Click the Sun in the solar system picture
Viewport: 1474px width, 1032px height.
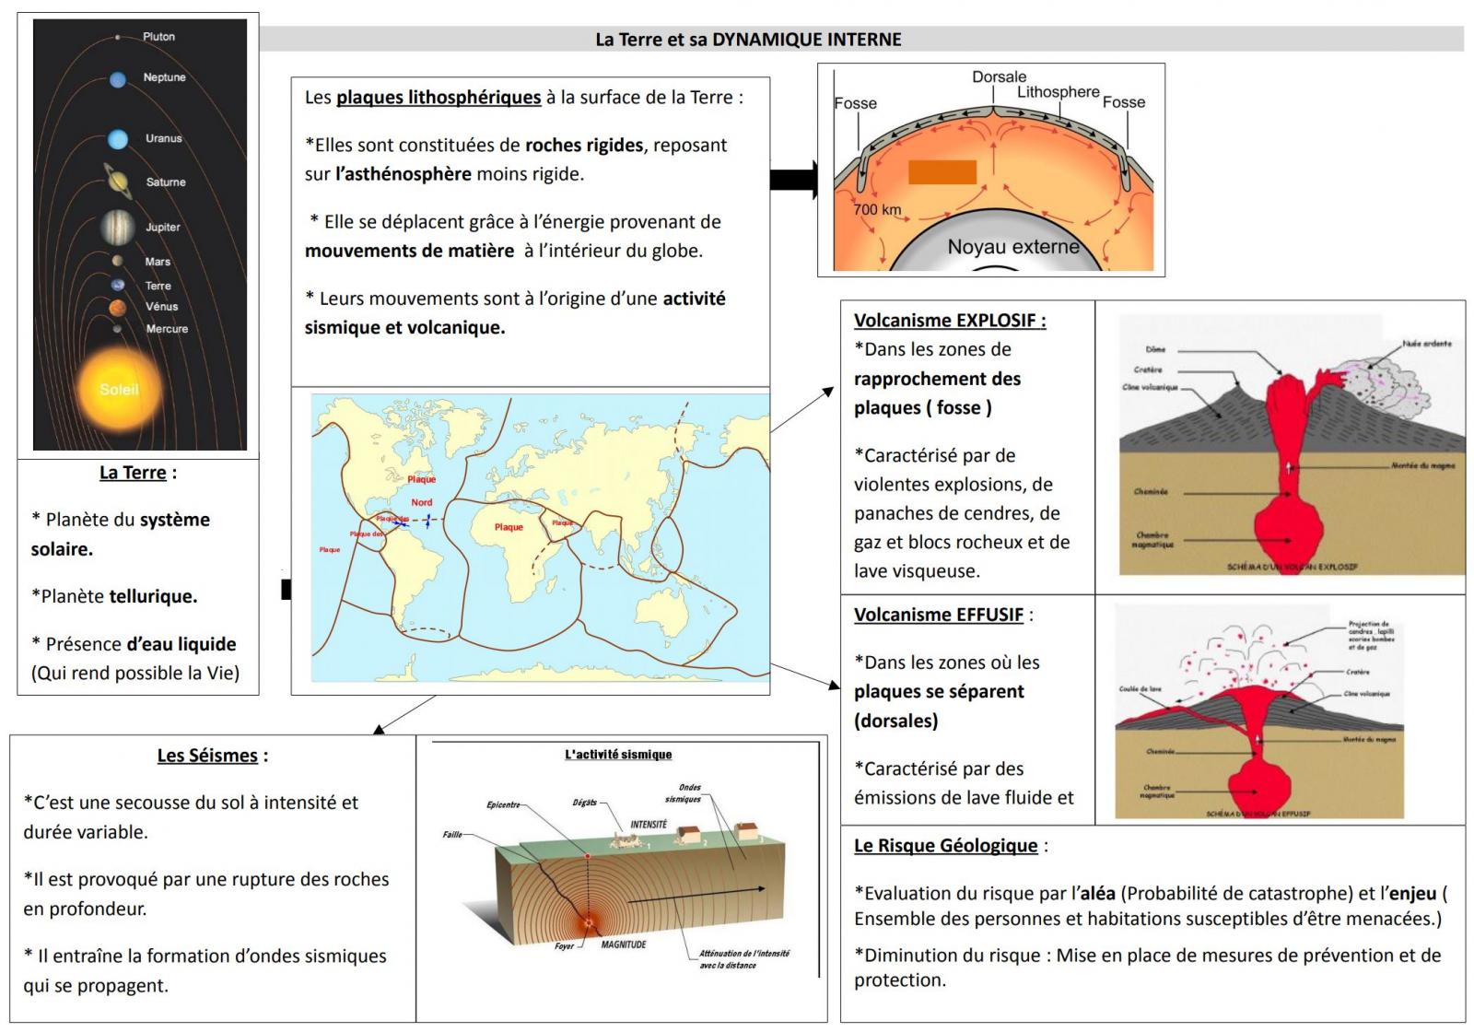119,389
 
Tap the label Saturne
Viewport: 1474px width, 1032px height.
166,182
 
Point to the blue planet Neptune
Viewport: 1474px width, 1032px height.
118,80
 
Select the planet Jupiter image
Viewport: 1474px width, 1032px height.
118,226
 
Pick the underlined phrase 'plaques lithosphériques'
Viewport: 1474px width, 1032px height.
439,98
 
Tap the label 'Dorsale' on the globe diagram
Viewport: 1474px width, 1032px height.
999,77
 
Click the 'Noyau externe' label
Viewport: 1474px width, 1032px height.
1013,247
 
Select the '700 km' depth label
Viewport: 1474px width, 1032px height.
877,209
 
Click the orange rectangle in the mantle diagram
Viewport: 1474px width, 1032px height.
942,172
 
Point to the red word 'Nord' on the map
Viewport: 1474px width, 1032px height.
422,502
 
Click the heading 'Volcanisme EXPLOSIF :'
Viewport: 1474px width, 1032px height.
950,321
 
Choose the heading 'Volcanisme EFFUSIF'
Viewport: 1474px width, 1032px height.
939,615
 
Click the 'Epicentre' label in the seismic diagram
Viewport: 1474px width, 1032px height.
503,804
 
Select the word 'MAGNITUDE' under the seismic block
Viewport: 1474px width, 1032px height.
624,944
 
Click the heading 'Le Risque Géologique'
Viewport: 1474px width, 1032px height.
946,846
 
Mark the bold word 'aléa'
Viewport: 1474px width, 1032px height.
1097,893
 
